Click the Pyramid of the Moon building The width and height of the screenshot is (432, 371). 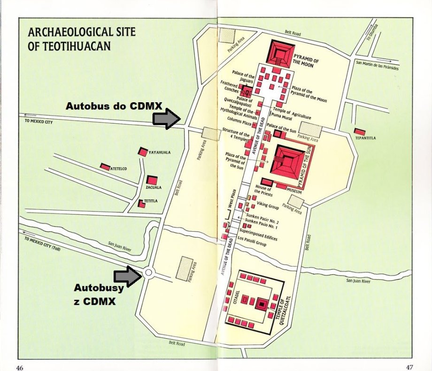(x=281, y=53)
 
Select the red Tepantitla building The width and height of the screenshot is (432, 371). (x=360, y=132)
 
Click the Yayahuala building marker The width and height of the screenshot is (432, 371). (x=143, y=152)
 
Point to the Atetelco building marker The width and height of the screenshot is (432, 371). (x=105, y=167)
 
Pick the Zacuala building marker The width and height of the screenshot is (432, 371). (x=151, y=180)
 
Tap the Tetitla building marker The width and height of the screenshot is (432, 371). (x=141, y=204)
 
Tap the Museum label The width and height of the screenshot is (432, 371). (x=293, y=192)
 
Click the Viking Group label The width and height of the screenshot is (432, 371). (x=268, y=207)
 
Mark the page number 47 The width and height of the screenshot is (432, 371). (x=410, y=366)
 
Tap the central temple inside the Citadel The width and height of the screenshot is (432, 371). (x=262, y=304)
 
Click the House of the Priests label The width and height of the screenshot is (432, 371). (x=263, y=190)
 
